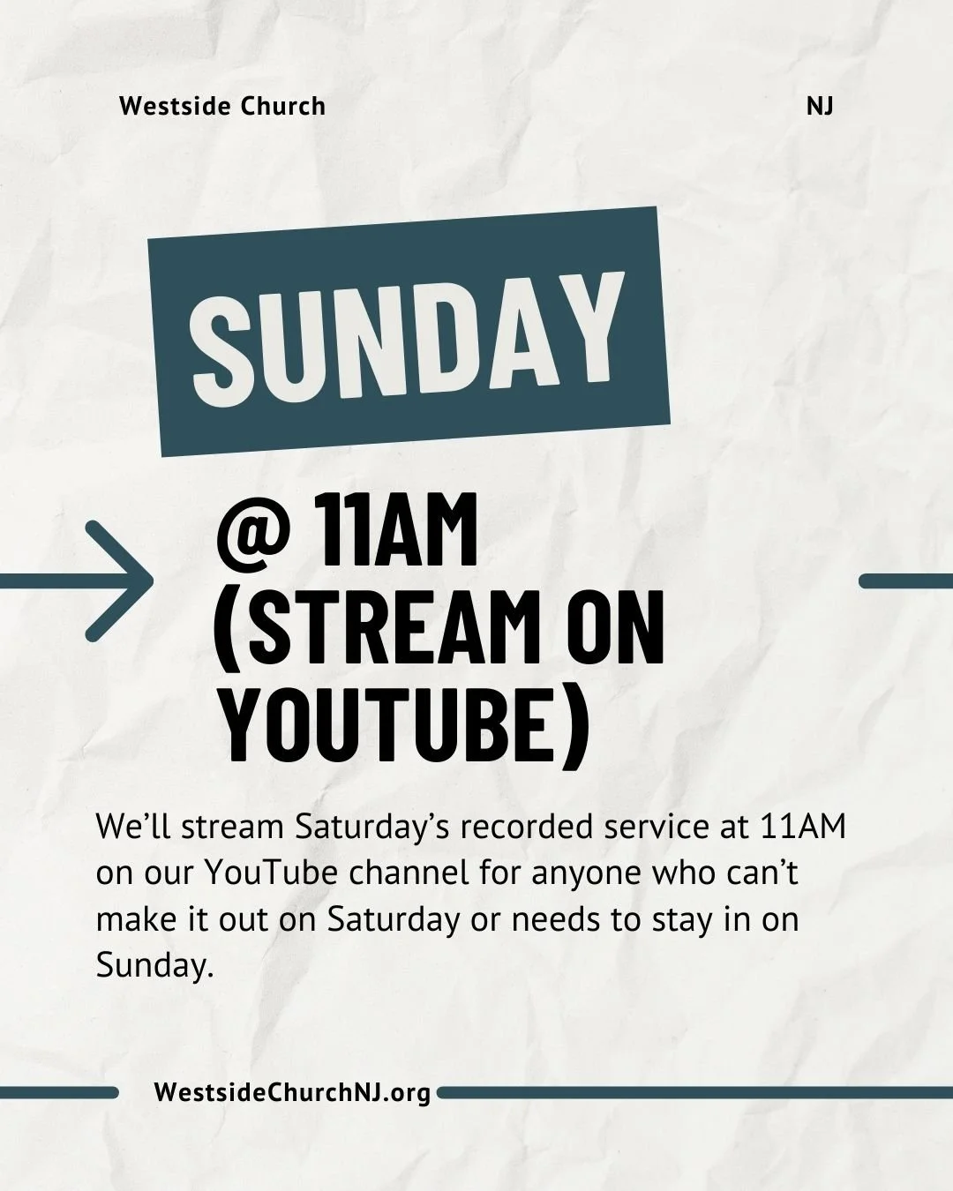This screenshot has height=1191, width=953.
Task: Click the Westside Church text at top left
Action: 222,107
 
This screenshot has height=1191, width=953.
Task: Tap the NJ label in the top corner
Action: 820,107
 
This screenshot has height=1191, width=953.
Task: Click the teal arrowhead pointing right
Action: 124,581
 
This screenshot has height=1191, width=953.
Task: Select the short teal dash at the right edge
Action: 905,581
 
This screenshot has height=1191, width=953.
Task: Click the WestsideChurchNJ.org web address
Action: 292,1092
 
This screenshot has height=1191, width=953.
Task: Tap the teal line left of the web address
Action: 58,1092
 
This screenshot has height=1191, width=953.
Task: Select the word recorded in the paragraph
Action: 528,828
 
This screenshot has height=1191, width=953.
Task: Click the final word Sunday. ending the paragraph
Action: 155,966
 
